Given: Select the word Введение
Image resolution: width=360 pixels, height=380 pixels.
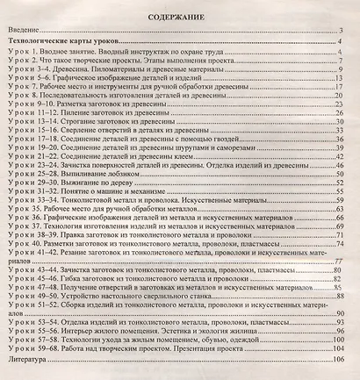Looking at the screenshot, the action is click(24, 32).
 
